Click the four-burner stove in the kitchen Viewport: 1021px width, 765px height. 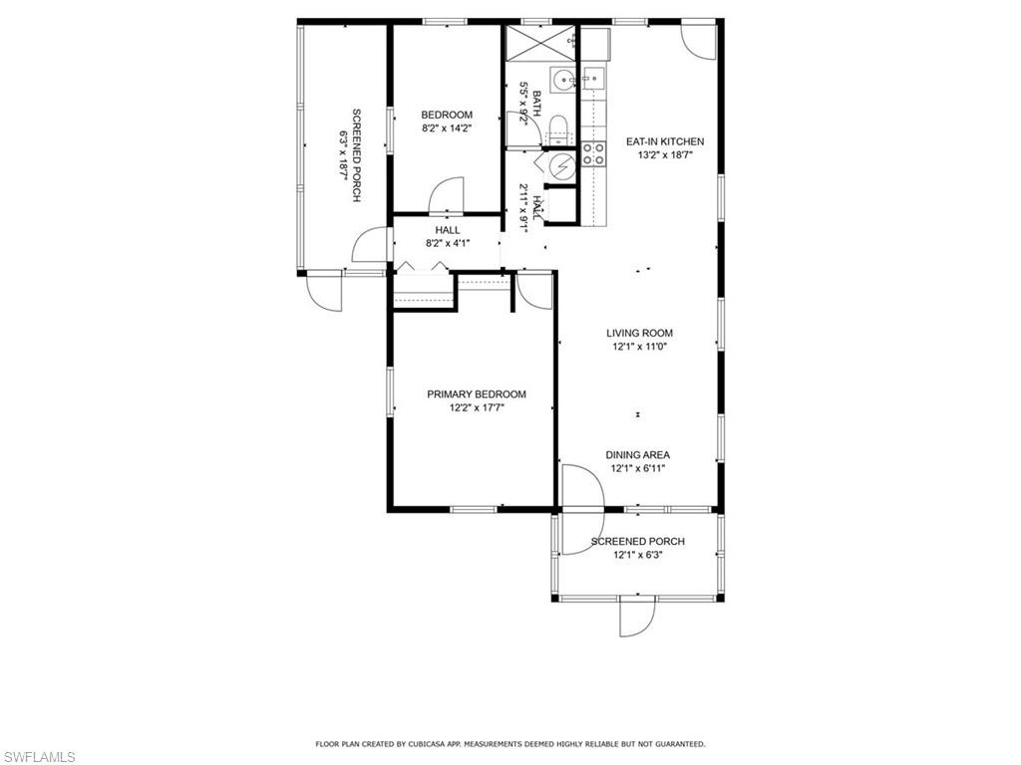(593, 154)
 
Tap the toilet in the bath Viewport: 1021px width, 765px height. (558, 129)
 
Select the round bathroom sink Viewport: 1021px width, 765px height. (562, 80)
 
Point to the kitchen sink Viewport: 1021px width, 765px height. (593, 80)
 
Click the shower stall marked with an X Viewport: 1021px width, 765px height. (540, 42)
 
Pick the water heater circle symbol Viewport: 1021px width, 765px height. (560, 167)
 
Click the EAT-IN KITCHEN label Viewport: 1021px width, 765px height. (665, 141)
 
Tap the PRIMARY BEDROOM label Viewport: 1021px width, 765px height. (477, 394)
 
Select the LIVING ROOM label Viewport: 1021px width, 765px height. (639, 333)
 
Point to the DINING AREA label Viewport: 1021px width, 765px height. (637, 455)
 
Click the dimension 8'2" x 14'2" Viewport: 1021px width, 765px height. (447, 128)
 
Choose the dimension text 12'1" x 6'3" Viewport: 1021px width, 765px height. (637, 556)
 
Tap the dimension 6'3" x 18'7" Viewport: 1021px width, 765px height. (342, 155)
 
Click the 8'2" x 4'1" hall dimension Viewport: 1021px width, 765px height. (448, 243)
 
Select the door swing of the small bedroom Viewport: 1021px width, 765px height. (446, 194)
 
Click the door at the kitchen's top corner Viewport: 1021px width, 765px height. (699, 43)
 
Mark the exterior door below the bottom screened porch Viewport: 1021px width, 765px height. (637, 617)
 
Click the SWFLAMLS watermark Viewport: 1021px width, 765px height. (38, 757)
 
